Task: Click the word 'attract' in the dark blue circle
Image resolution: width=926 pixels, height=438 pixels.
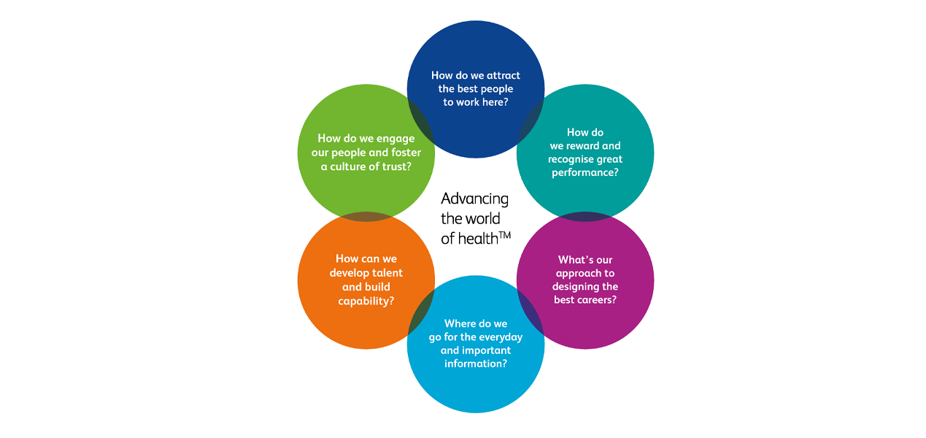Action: point(503,75)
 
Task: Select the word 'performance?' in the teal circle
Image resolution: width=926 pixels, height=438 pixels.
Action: point(584,173)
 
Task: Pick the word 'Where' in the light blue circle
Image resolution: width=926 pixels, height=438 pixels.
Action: point(460,323)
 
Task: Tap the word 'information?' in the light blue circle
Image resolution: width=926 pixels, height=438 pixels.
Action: point(475,364)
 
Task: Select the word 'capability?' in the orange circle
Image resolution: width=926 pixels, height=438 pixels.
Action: point(366,300)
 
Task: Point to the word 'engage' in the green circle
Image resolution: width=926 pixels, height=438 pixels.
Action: point(396,139)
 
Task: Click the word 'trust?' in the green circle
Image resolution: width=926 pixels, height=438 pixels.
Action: point(395,166)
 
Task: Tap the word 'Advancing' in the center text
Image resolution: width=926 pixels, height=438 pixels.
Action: point(474,199)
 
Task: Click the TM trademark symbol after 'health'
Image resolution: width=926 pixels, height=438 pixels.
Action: point(504,234)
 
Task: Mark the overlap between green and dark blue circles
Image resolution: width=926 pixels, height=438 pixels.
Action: point(421,120)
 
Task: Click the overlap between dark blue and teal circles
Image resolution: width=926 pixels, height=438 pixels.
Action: point(530,120)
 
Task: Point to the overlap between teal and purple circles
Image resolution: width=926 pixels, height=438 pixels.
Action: point(585,217)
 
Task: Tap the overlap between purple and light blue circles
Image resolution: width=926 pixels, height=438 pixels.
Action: point(530,312)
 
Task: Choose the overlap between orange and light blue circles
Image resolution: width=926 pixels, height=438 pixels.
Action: point(421,312)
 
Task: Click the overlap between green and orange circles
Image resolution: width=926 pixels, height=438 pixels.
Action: point(366,217)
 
